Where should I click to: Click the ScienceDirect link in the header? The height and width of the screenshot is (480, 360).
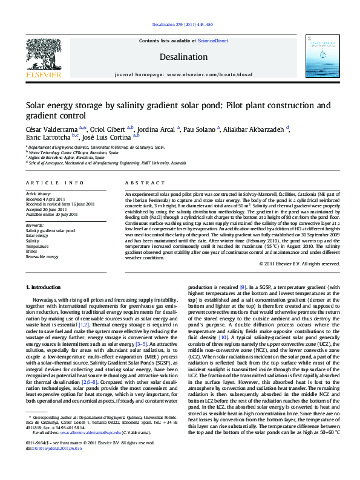[213, 41]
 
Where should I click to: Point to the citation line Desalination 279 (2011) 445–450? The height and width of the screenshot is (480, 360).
[180, 25]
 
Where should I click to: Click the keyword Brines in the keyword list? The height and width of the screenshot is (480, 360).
[33, 251]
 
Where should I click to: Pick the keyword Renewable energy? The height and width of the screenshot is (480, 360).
[43, 257]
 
